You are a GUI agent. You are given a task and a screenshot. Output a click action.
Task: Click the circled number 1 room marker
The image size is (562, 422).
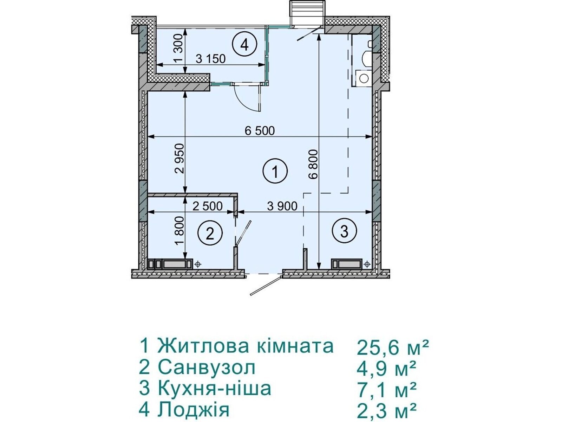coord(275,172)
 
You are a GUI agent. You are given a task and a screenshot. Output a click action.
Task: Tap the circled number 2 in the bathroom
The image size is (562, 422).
coord(210,233)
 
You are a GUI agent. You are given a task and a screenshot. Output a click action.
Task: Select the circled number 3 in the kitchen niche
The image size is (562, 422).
coord(344,231)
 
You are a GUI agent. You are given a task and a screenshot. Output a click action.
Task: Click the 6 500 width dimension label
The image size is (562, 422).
coord(260,131)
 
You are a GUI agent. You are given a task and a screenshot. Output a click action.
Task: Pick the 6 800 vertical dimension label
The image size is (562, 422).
coord(314,164)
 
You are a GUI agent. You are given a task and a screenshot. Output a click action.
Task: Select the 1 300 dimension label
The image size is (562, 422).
coord(179,48)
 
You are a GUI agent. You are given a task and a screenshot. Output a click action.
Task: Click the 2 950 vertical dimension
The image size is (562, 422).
coord(179,158)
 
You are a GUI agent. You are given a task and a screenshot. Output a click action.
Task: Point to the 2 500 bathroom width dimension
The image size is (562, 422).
coord(208,206)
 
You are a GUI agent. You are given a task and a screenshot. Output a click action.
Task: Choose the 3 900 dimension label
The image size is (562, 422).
coord(282,206)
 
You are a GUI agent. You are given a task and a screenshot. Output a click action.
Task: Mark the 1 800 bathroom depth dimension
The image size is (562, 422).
coord(179,231)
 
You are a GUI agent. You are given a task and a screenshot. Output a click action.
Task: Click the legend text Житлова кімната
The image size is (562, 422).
coord(245,346)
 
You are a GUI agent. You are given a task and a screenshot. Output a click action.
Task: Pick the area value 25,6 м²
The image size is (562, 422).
coord(393,347)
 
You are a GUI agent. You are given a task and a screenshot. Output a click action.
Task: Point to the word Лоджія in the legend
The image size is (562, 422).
coord(194,409)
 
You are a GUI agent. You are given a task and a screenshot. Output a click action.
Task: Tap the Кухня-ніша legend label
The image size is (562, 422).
coord(215,389)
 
